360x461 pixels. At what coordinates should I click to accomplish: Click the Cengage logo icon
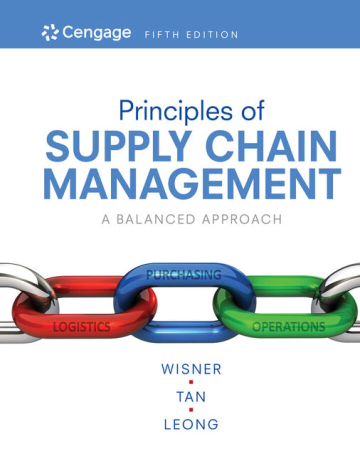click(x=50, y=33)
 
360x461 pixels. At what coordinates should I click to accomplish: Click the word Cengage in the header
click(x=97, y=33)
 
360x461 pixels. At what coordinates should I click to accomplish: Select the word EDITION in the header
click(x=213, y=35)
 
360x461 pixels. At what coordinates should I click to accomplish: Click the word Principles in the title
click(x=174, y=111)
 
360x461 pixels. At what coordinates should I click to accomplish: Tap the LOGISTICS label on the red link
click(x=81, y=327)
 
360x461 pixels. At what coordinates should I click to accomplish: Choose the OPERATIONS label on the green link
click(x=288, y=327)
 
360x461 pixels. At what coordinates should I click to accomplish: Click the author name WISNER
click(x=191, y=370)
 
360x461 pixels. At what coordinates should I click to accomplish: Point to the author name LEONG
click(x=191, y=424)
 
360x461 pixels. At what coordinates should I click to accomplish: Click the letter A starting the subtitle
click(x=105, y=218)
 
